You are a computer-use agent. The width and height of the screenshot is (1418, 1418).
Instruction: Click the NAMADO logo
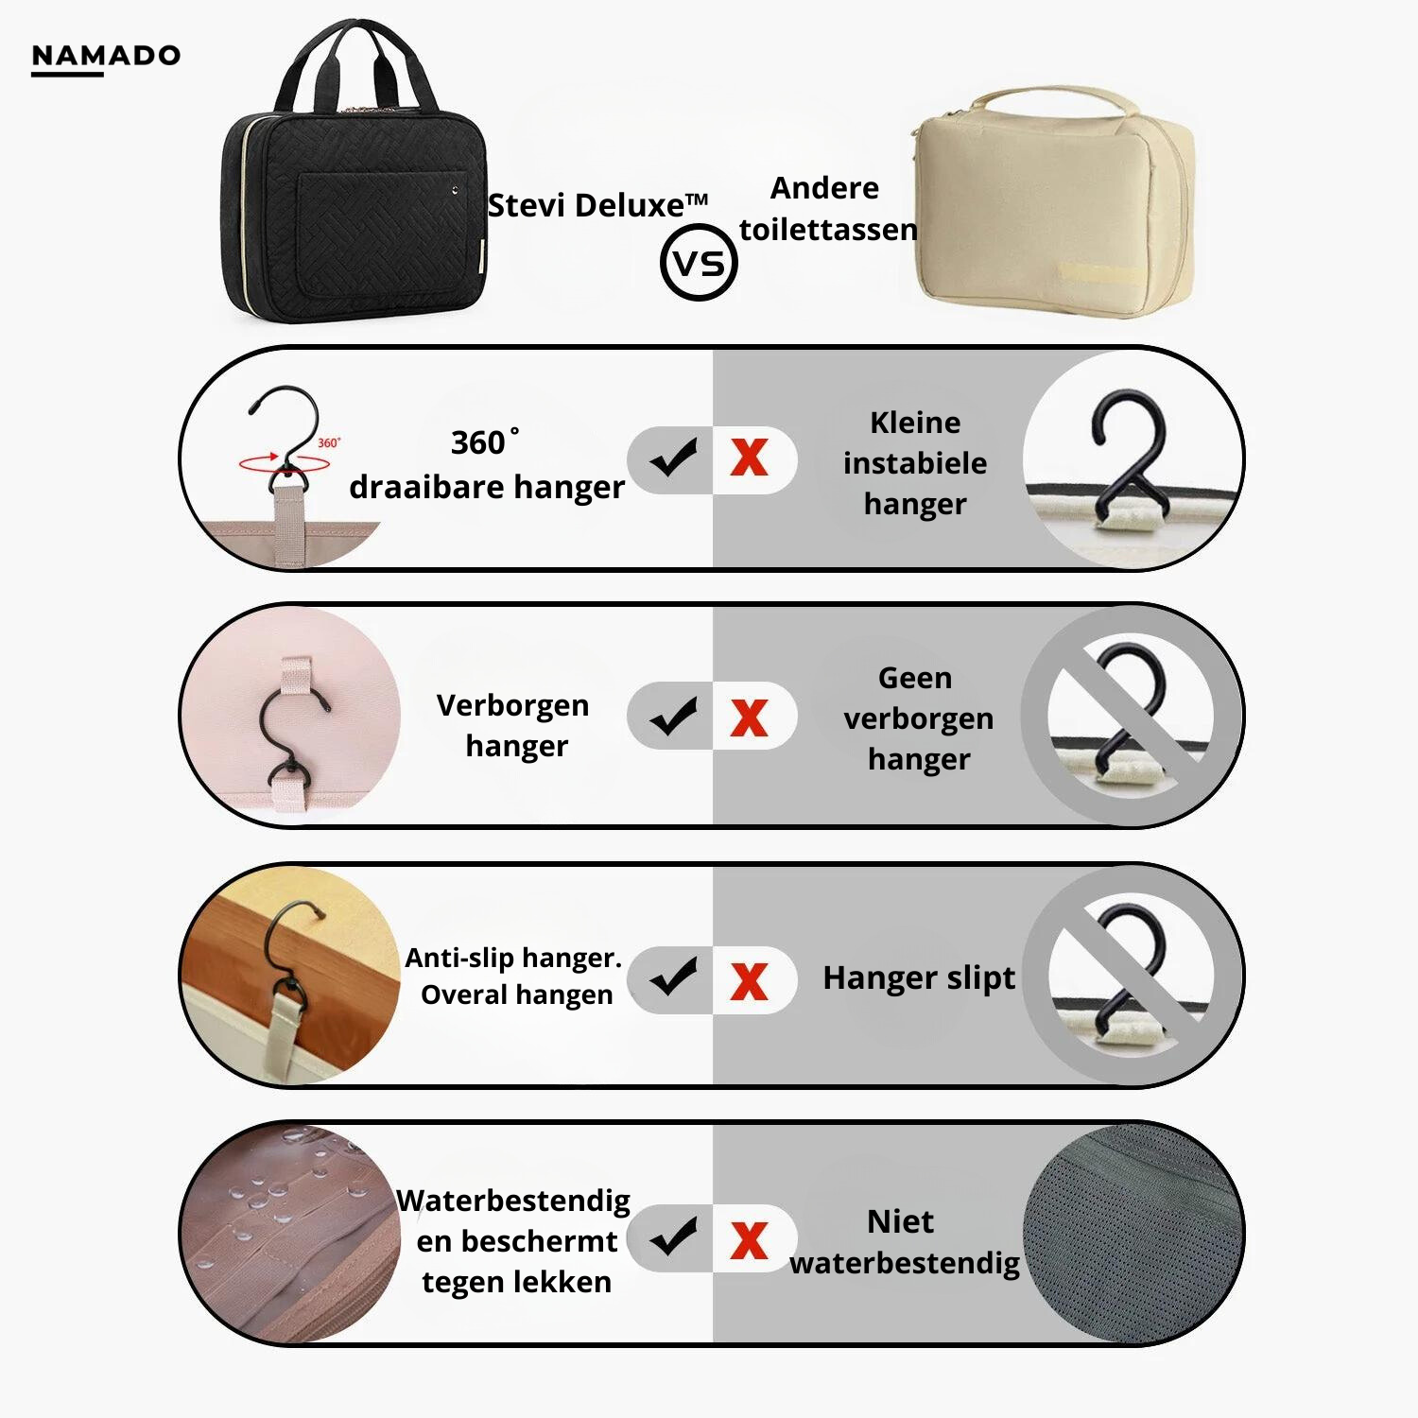click(105, 57)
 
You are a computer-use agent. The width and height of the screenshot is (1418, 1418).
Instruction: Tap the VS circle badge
click(700, 263)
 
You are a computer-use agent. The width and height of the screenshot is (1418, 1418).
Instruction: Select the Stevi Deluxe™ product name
click(597, 205)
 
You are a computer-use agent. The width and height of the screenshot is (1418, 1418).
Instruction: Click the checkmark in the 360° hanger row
click(674, 458)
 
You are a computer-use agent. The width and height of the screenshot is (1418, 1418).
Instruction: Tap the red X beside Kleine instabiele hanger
click(749, 458)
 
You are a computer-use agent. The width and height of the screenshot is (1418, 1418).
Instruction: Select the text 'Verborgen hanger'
click(514, 725)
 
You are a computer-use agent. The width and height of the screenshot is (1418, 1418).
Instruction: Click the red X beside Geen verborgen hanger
click(749, 718)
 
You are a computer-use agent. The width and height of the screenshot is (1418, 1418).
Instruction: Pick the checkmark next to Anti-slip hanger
click(674, 978)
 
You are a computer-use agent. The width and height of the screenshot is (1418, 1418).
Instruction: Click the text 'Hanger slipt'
click(919, 977)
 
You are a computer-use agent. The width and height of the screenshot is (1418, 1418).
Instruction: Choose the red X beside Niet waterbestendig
click(749, 1240)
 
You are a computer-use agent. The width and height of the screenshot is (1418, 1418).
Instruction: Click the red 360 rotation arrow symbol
click(284, 462)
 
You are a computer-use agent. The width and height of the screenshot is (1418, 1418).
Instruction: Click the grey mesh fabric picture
click(1130, 1234)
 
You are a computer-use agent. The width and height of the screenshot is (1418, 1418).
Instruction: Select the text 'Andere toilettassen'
click(827, 209)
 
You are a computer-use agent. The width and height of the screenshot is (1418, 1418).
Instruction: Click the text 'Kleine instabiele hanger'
click(914, 463)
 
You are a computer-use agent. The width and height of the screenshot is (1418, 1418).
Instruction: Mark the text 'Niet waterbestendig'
click(904, 1242)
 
